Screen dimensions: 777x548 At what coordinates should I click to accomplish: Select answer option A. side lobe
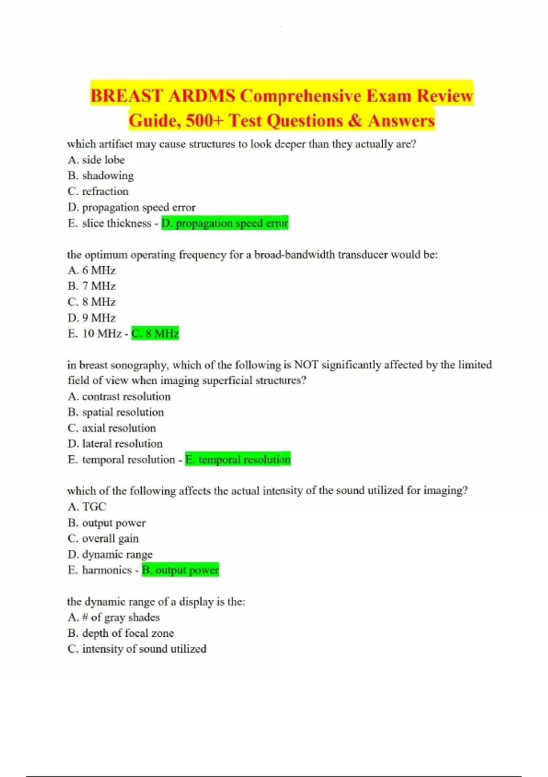[x=96, y=160]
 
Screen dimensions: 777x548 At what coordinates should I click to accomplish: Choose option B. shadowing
[x=100, y=176]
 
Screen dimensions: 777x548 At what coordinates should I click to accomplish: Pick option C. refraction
[x=98, y=191]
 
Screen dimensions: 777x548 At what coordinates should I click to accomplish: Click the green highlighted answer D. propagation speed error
[x=225, y=223]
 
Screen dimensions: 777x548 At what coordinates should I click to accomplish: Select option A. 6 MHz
[x=91, y=271]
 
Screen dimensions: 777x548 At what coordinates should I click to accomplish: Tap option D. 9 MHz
[x=91, y=318]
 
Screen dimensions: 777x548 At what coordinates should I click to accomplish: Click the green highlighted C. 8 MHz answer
[x=155, y=334]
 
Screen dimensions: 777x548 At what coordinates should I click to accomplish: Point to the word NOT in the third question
[x=306, y=365]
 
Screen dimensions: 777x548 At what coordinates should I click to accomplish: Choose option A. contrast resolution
[x=119, y=396]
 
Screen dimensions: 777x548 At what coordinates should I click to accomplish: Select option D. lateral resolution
[x=115, y=443]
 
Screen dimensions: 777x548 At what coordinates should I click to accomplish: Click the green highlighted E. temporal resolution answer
[x=237, y=459]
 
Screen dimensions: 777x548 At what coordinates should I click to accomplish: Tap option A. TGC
[x=87, y=506]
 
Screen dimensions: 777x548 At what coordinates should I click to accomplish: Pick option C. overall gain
[x=103, y=538]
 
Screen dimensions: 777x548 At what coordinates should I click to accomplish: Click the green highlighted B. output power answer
[x=180, y=570]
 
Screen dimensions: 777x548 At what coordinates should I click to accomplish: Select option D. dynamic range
[x=110, y=554]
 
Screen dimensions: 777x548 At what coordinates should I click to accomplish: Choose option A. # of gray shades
[x=113, y=617]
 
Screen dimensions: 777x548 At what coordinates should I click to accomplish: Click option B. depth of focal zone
[x=121, y=633]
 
